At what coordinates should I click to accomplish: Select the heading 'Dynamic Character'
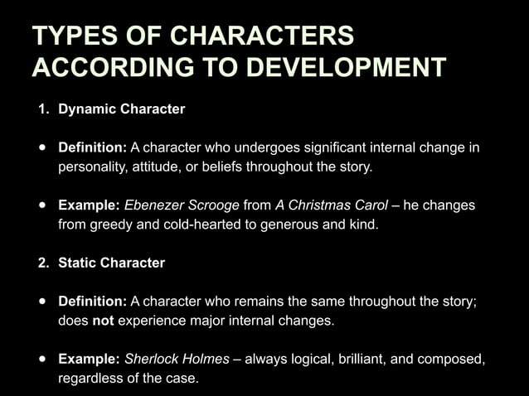pyautogui.click(x=121, y=109)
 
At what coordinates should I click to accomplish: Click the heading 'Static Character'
pyautogui.click(x=111, y=263)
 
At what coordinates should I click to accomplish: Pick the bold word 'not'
pyautogui.click(x=102, y=321)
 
